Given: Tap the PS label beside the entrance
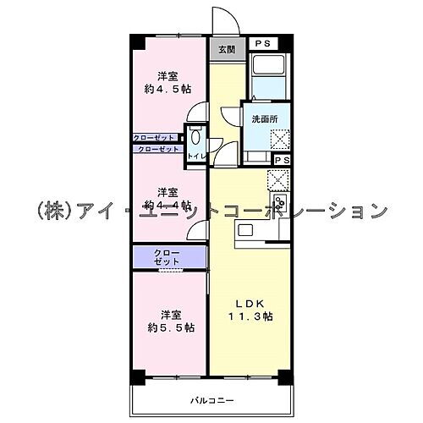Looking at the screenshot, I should pos(265,42).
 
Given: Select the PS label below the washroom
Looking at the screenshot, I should pos(282,160).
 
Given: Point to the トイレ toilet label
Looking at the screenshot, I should pos(195,157).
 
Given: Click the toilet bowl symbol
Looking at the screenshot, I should pos(195,136).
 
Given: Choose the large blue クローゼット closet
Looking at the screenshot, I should pos(168,257).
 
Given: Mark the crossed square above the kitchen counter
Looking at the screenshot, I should pos(277,179).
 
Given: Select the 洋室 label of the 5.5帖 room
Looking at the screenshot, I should pos(168,311).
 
